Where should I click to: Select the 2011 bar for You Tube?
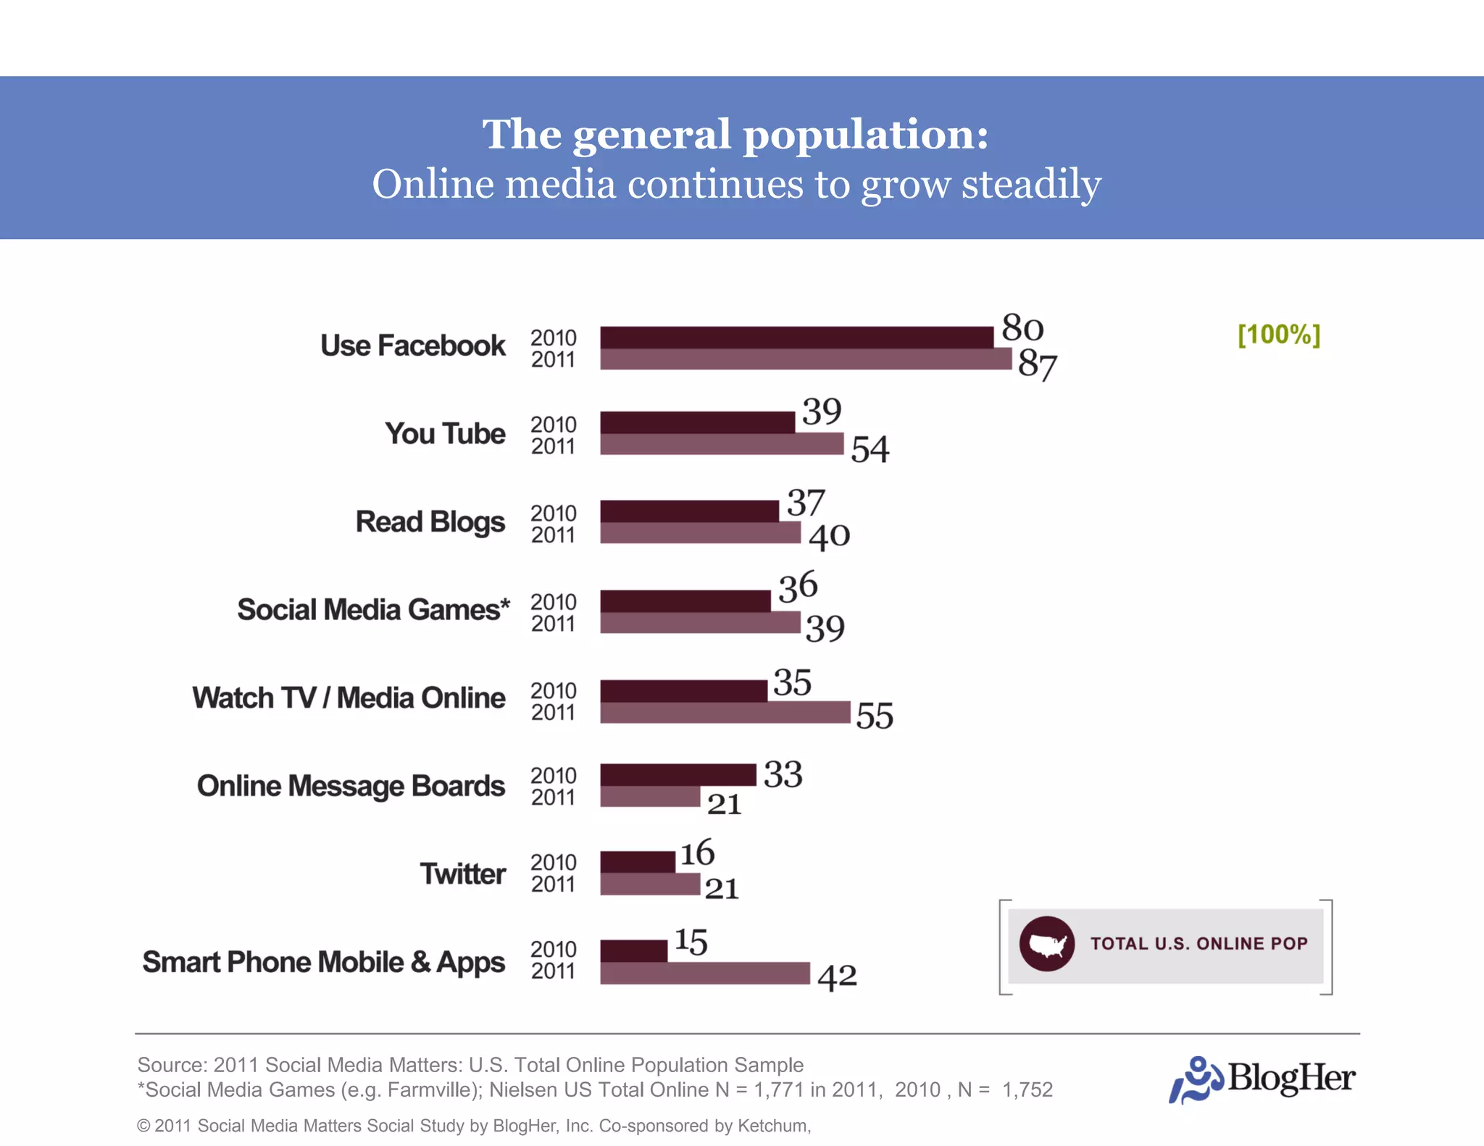(x=721, y=444)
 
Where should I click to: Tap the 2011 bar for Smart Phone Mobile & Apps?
(x=704, y=973)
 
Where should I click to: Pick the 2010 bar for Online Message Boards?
(x=678, y=774)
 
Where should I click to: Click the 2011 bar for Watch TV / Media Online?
(x=725, y=712)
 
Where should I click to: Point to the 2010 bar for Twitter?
(x=637, y=862)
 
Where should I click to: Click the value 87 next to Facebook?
(x=1037, y=364)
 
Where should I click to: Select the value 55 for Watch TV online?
(x=874, y=716)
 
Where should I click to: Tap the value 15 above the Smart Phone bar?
(x=691, y=942)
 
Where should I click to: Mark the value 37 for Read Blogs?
(x=806, y=502)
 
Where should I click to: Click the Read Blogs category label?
(x=430, y=522)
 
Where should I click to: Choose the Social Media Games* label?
(x=373, y=610)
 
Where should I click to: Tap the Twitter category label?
(x=462, y=874)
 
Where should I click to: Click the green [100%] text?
(x=1279, y=335)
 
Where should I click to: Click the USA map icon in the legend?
(x=1046, y=944)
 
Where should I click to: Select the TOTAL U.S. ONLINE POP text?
(x=1199, y=944)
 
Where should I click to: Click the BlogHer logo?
(x=1262, y=1079)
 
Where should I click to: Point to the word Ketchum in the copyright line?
(x=773, y=1126)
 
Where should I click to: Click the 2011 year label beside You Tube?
(x=553, y=447)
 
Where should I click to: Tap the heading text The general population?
(x=735, y=135)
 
